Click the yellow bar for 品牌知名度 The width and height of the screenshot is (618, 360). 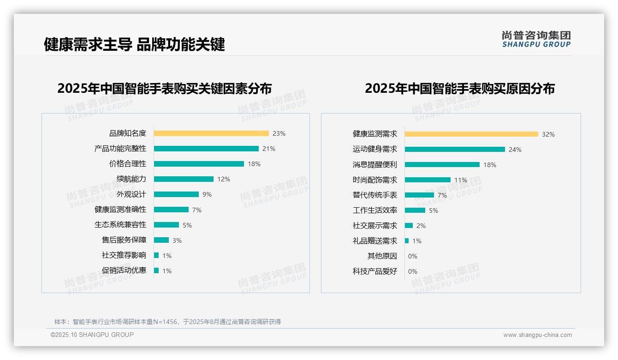coord(211,133)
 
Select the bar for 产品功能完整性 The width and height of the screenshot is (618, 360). coord(206,149)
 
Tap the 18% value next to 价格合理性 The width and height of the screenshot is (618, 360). coord(254,164)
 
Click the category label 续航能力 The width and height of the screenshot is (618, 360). coord(131,179)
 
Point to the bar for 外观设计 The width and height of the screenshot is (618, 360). coord(176,194)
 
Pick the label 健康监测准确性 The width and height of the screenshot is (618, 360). coord(120,210)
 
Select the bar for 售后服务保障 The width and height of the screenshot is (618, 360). coord(161,240)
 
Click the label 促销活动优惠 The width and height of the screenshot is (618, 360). coord(124,270)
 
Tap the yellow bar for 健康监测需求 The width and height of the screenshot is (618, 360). coord(471,134)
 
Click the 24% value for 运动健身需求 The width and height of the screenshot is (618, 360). coord(515,150)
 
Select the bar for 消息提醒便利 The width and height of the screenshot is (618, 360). coord(442,165)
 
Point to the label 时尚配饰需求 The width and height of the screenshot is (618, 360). coord(374,180)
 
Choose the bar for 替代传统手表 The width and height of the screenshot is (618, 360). coord(419,195)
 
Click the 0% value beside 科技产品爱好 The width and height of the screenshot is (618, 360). coord(413,271)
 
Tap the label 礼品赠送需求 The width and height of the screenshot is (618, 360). coord(374,241)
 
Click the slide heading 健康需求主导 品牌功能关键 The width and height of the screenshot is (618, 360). coord(134,44)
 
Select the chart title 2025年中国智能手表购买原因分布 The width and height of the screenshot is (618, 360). coord(459,88)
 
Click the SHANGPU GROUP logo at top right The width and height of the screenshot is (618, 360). coord(536,39)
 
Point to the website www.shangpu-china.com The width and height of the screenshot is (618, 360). coord(537,335)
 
